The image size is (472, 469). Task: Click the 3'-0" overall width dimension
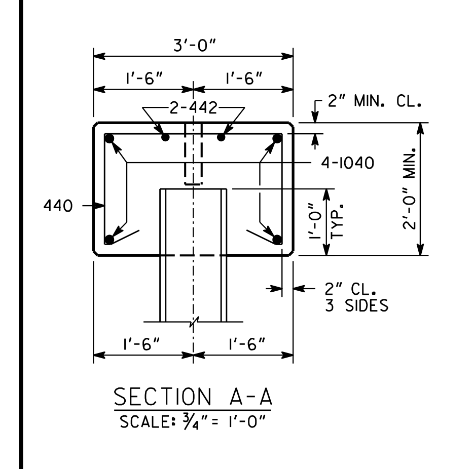(x=195, y=46)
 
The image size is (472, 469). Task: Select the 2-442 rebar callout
(x=194, y=108)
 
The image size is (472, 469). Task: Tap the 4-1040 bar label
(x=348, y=163)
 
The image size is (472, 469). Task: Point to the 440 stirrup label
(x=58, y=206)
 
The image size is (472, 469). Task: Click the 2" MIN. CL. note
(x=374, y=101)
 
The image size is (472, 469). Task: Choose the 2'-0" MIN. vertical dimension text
(x=410, y=188)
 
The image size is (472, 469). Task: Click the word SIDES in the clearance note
(x=367, y=305)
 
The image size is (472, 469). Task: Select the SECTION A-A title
(x=193, y=397)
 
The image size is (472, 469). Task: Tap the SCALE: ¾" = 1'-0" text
(x=193, y=422)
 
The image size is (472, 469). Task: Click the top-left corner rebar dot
(x=110, y=139)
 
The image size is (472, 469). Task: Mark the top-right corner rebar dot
(x=277, y=139)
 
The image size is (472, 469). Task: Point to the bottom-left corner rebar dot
(x=110, y=240)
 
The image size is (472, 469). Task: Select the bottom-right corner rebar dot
(x=277, y=240)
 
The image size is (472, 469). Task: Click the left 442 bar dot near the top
(x=166, y=137)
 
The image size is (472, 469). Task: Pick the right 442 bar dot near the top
(x=221, y=137)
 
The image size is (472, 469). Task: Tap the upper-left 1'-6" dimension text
(x=144, y=79)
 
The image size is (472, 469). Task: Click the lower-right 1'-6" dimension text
(x=247, y=344)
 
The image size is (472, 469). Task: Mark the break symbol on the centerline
(x=194, y=322)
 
